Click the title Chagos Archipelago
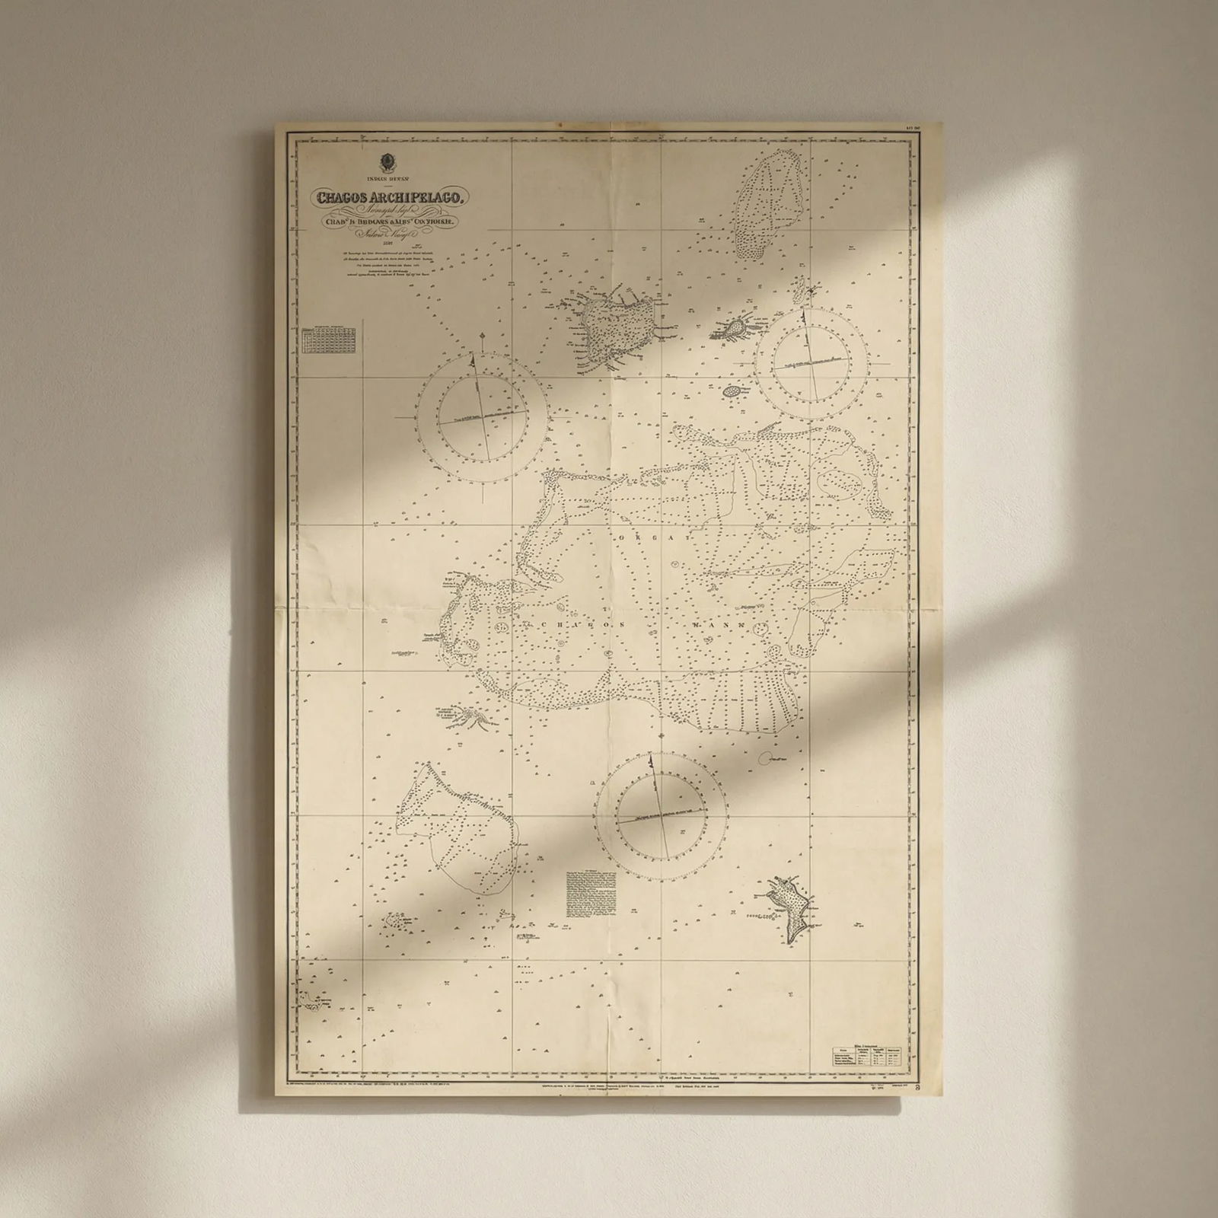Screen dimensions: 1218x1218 394,197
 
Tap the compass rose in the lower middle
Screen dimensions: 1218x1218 660,817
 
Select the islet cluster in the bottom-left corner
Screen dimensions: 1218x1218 314,1003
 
